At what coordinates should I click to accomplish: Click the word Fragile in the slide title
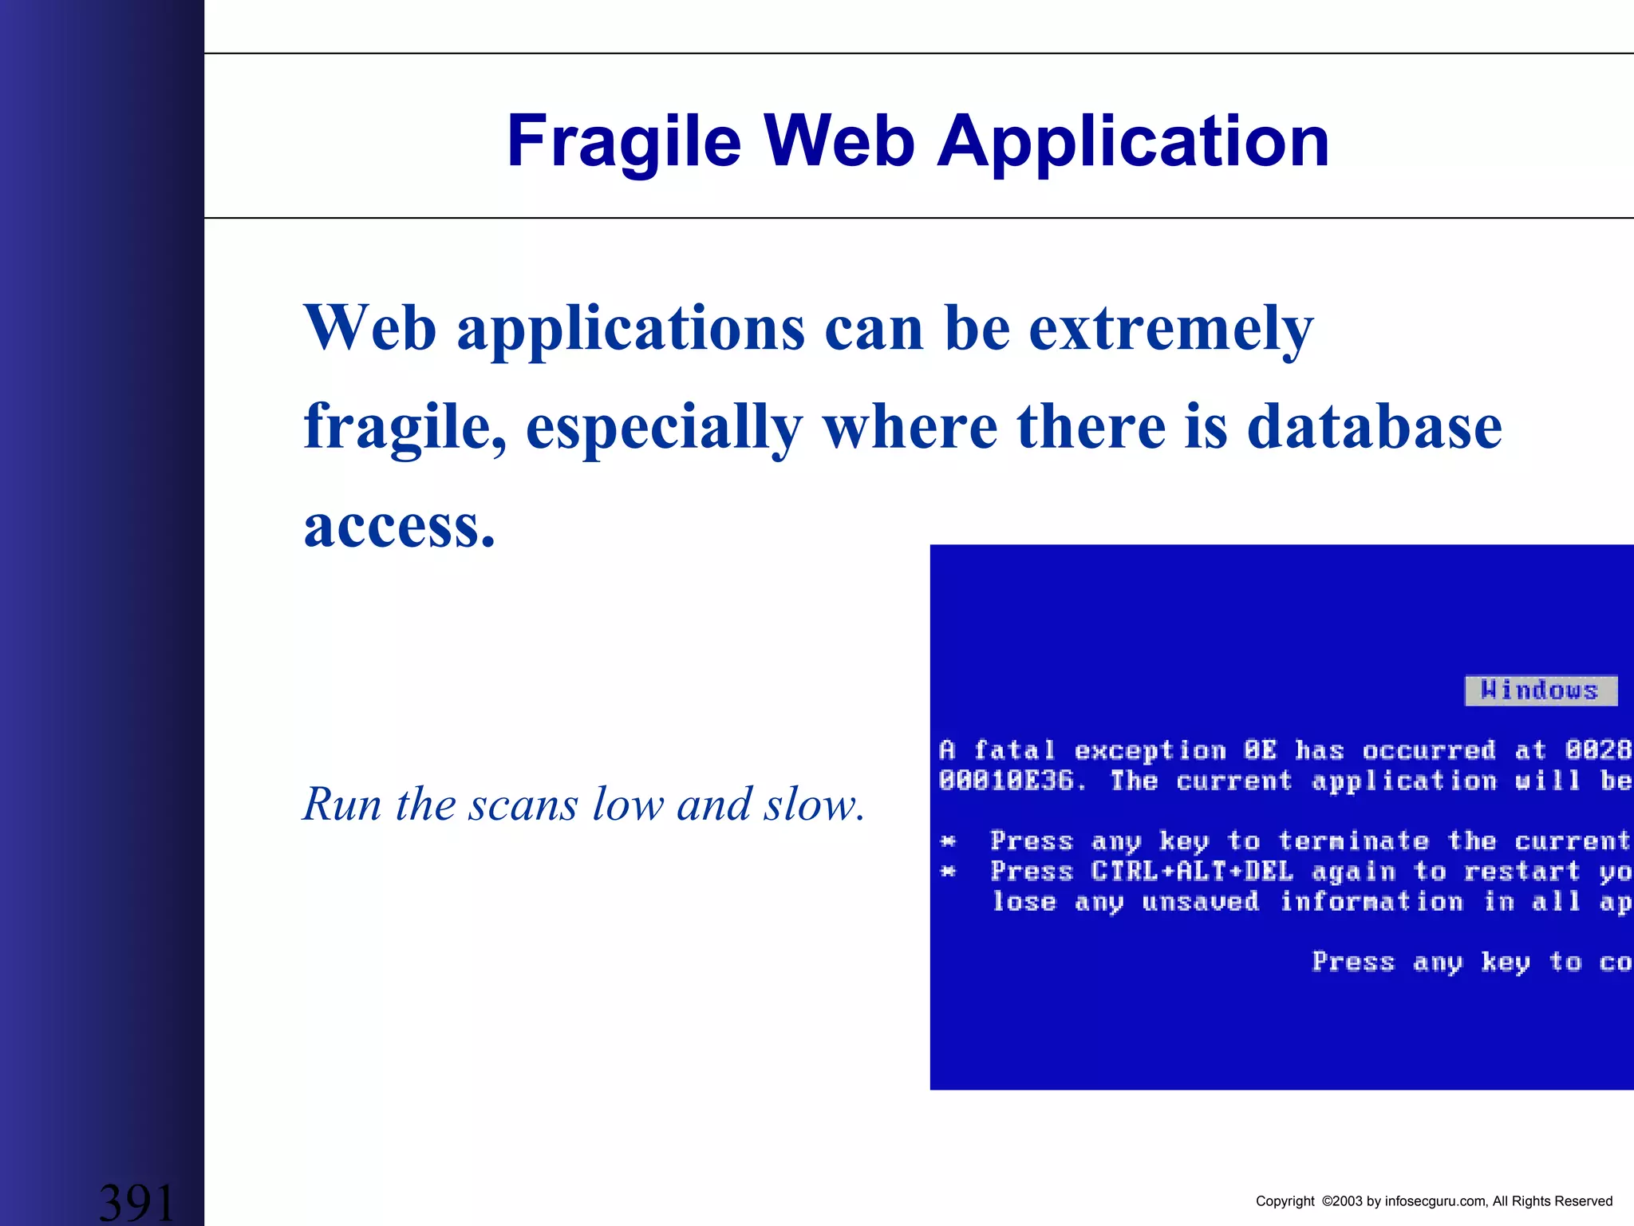(624, 142)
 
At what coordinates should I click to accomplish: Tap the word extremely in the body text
(1170, 328)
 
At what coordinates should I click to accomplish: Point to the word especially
(664, 427)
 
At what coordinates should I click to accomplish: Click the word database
(1374, 427)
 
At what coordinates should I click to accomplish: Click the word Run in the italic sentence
(342, 804)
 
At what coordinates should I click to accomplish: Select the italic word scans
(523, 804)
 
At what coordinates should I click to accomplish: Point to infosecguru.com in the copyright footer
(1435, 1201)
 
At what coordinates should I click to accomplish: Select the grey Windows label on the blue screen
(1541, 690)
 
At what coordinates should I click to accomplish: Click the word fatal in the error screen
(1014, 750)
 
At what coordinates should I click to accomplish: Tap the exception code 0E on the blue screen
(1260, 750)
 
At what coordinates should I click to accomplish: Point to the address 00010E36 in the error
(1006, 781)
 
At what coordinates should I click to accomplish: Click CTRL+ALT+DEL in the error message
(1192, 872)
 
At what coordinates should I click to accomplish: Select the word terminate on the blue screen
(1353, 841)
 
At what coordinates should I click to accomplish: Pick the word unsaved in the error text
(1200, 902)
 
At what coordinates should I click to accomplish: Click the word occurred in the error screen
(1428, 750)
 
